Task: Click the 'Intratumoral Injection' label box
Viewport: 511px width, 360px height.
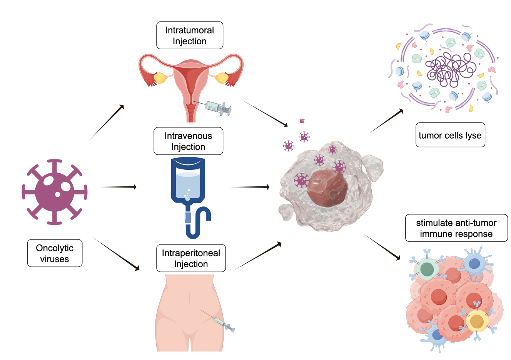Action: (190, 35)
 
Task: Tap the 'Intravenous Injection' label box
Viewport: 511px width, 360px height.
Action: (188, 141)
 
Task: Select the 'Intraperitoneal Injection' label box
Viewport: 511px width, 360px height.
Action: (191, 258)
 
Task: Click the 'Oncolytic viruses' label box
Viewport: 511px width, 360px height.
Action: (55, 253)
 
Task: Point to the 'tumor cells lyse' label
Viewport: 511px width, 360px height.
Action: (450, 135)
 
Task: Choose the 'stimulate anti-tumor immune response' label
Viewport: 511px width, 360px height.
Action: (456, 228)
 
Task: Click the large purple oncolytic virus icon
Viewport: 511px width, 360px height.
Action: (55, 191)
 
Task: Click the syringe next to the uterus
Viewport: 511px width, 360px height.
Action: (218, 107)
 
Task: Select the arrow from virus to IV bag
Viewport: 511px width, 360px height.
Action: (115, 187)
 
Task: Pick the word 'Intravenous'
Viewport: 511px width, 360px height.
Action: (188, 136)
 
